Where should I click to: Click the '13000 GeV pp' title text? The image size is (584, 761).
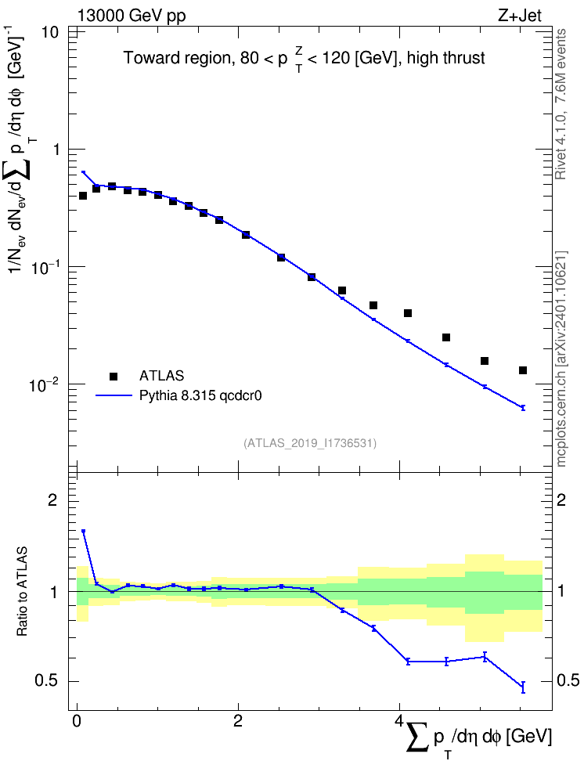pos(131,16)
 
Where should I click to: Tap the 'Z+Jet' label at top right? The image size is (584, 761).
pos(520,16)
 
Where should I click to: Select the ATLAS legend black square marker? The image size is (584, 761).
pos(114,376)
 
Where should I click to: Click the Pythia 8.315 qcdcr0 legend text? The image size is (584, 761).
pos(200,396)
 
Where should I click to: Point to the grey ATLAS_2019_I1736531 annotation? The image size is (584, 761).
pos(310,442)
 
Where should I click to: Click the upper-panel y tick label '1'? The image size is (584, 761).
pos(56,150)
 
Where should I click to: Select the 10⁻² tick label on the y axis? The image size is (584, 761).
pos(44,385)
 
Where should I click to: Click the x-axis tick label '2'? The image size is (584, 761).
pos(238,720)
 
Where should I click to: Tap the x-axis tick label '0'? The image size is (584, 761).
pos(77,720)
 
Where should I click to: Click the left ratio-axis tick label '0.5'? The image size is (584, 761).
pos(46,681)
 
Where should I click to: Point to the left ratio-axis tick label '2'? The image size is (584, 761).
pos(52,500)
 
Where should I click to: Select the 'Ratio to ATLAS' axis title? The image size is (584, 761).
pos(22,592)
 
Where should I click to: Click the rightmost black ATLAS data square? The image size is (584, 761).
pos(523,370)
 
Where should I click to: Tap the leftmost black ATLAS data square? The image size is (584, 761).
pos(83,196)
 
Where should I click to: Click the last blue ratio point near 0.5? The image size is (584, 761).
pos(523,687)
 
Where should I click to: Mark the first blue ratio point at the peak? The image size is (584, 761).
pos(83,531)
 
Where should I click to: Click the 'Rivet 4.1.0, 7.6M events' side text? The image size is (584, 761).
pos(561,104)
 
